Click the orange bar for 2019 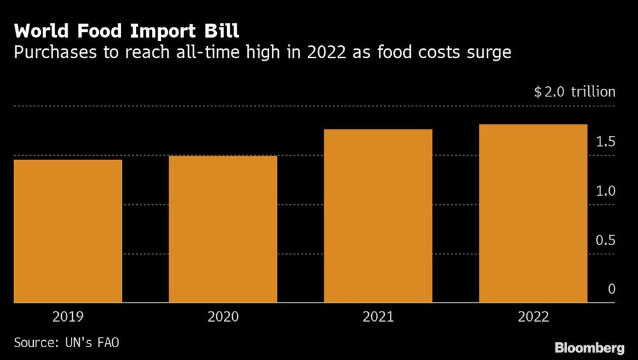[x=68, y=230]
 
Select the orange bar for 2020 [x=223, y=229]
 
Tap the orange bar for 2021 [x=378, y=215]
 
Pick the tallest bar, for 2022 [x=533, y=213]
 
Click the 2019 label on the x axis [x=68, y=317]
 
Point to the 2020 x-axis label [x=223, y=317]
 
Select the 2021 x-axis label [x=378, y=317]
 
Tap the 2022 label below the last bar [x=533, y=317]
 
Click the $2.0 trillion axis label [x=575, y=92]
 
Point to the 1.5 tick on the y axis [x=606, y=142]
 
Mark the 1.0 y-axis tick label [x=606, y=191]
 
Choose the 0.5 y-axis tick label [x=606, y=240]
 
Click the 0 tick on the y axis [x=611, y=289]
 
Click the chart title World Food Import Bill [x=127, y=31]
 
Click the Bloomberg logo [x=590, y=348]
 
